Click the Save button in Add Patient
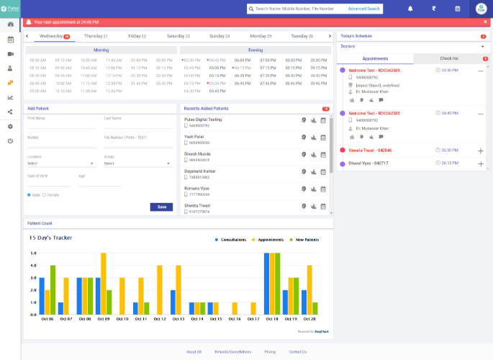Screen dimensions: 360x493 point(161,207)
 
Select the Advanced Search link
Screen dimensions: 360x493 point(363,9)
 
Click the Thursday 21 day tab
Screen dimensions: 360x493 point(96,35)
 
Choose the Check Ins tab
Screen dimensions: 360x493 point(450,58)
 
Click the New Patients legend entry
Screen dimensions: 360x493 point(304,239)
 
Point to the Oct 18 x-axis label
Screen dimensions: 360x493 point(272,319)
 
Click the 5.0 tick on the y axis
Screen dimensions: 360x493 point(32,253)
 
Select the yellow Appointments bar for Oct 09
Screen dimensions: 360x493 point(104,284)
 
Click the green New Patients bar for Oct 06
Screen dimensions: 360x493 point(53,290)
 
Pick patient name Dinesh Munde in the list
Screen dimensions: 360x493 point(197,153)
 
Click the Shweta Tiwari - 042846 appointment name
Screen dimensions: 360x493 point(370,150)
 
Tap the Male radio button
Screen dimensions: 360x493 point(29,194)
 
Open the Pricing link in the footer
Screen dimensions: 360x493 point(270,351)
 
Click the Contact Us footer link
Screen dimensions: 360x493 point(297,351)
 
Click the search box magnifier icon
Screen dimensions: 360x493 point(250,9)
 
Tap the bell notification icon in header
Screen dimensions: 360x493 point(410,9)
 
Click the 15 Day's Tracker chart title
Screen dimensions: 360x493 point(50,238)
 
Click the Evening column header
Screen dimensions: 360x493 point(257,50)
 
